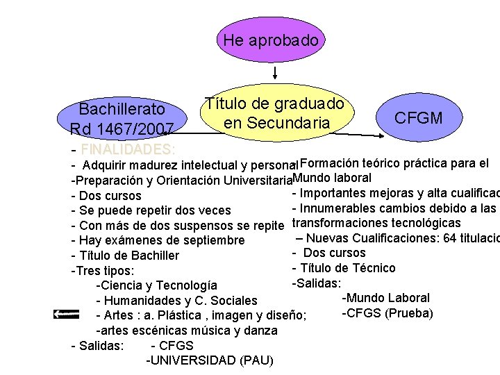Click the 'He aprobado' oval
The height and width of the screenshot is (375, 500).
point(271,40)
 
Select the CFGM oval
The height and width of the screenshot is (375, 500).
point(418,117)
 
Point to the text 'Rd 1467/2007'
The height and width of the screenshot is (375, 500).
point(122,128)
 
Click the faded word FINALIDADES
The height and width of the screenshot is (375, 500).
point(128,149)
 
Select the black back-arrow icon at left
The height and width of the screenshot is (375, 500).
point(66,315)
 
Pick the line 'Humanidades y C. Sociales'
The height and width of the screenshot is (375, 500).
point(179,301)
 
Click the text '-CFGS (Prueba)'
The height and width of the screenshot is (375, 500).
point(387,313)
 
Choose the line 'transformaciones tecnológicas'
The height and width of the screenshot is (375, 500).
point(376,223)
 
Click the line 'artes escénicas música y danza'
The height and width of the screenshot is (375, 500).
point(186,331)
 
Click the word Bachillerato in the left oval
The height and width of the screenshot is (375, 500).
point(122,109)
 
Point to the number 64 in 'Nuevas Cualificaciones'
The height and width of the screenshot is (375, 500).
point(450,238)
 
